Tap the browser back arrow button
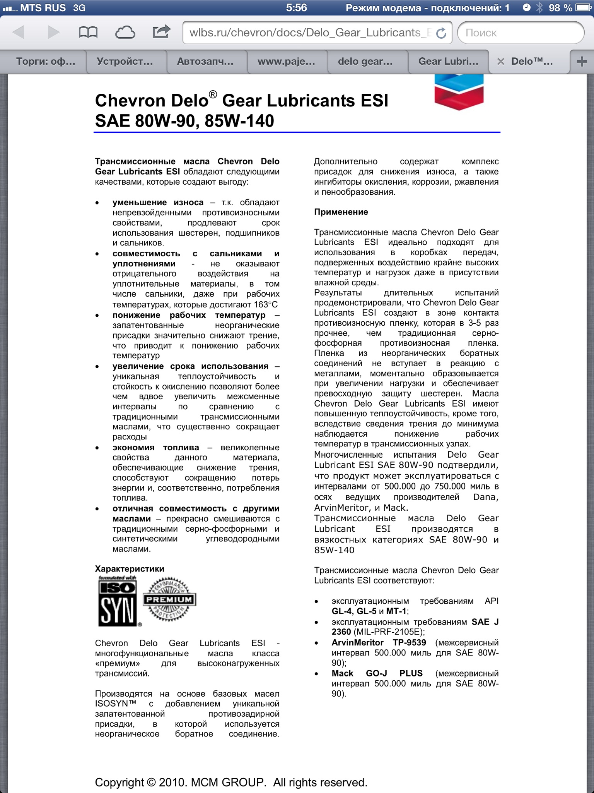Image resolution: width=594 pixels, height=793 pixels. coord(19,33)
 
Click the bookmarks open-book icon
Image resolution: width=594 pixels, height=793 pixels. coord(88,33)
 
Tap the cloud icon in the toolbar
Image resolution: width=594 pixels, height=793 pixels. coord(125,33)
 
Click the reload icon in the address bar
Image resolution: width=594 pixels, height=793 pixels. coord(441,33)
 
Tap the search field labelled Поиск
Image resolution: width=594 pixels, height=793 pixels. coord(520,33)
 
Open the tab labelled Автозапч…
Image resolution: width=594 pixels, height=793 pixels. coord(205,62)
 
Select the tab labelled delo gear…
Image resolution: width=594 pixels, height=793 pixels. coord(365,62)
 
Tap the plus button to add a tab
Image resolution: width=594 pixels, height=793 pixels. coord(582,62)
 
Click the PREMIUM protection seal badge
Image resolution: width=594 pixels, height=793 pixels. coord(169,600)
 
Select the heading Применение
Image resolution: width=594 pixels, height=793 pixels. coord(341,212)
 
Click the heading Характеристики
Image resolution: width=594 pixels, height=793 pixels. coord(130,569)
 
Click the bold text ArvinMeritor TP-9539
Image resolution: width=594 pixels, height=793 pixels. coord(379,643)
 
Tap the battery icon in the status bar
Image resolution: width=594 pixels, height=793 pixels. coord(583,8)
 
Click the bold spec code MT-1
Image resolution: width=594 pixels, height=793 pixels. coord(396,611)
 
